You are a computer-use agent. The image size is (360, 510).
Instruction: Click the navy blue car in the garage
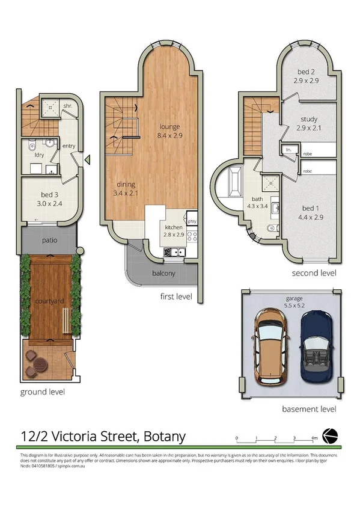(x=315, y=348)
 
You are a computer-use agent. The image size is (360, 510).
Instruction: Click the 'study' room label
(x=307, y=119)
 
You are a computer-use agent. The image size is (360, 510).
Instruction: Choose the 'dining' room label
(x=125, y=185)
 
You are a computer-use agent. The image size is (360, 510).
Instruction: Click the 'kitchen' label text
(x=169, y=227)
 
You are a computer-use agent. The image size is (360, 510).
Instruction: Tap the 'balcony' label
(x=163, y=274)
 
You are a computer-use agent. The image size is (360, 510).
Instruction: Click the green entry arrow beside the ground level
(x=87, y=159)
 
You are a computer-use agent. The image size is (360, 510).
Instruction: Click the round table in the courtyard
(x=39, y=364)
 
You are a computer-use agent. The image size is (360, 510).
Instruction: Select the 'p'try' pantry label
(x=192, y=221)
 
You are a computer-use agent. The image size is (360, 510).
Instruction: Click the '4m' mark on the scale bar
(x=314, y=438)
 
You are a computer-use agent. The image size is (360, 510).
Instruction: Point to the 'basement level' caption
(x=309, y=409)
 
